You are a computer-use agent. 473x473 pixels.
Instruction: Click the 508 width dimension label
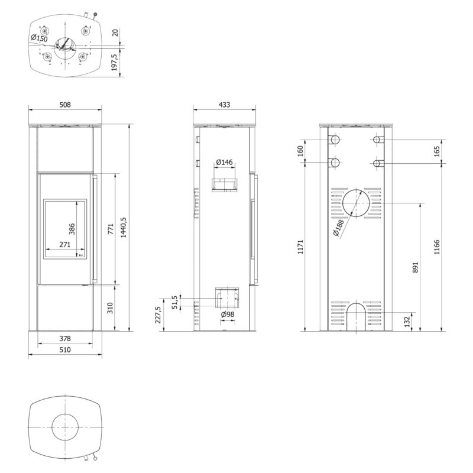[x=65, y=105]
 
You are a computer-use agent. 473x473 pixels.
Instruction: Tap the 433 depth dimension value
[x=224, y=105]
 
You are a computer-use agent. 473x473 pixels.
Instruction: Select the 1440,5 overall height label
[x=124, y=228]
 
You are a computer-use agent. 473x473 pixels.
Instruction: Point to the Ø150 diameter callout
[x=39, y=38]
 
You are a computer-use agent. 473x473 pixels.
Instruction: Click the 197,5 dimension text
[x=114, y=63]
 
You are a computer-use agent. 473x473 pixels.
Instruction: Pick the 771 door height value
[x=111, y=229]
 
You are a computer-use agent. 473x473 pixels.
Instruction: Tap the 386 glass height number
[x=72, y=229]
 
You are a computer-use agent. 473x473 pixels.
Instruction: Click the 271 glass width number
[x=65, y=244]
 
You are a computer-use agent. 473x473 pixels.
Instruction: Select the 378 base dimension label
[x=65, y=338]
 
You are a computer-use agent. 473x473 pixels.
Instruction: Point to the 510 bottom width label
[x=65, y=349]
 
